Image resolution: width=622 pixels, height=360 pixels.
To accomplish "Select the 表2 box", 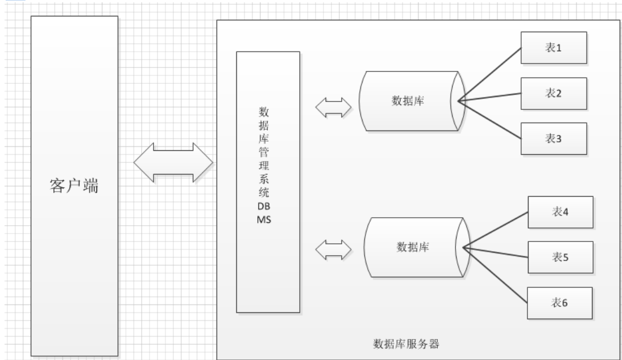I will tap(553, 93).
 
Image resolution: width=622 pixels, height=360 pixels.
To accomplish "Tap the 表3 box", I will tap(553, 138).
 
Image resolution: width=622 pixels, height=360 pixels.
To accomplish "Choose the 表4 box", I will tap(560, 212).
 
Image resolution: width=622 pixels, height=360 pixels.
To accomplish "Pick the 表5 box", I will tap(560, 257).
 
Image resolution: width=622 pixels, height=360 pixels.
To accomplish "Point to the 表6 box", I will tap(560, 303).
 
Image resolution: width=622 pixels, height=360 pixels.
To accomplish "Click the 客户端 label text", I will tap(72, 187).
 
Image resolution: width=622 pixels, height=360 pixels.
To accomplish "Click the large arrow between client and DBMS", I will tap(173, 162).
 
